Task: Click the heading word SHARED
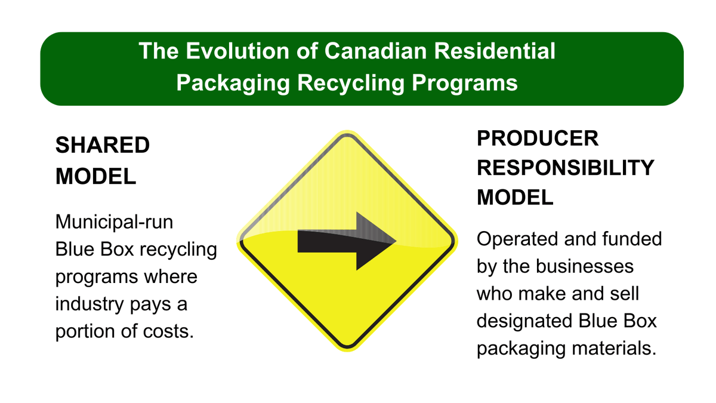(x=102, y=145)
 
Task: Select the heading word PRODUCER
(x=537, y=138)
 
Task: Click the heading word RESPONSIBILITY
(x=565, y=168)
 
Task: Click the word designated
(x=525, y=321)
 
